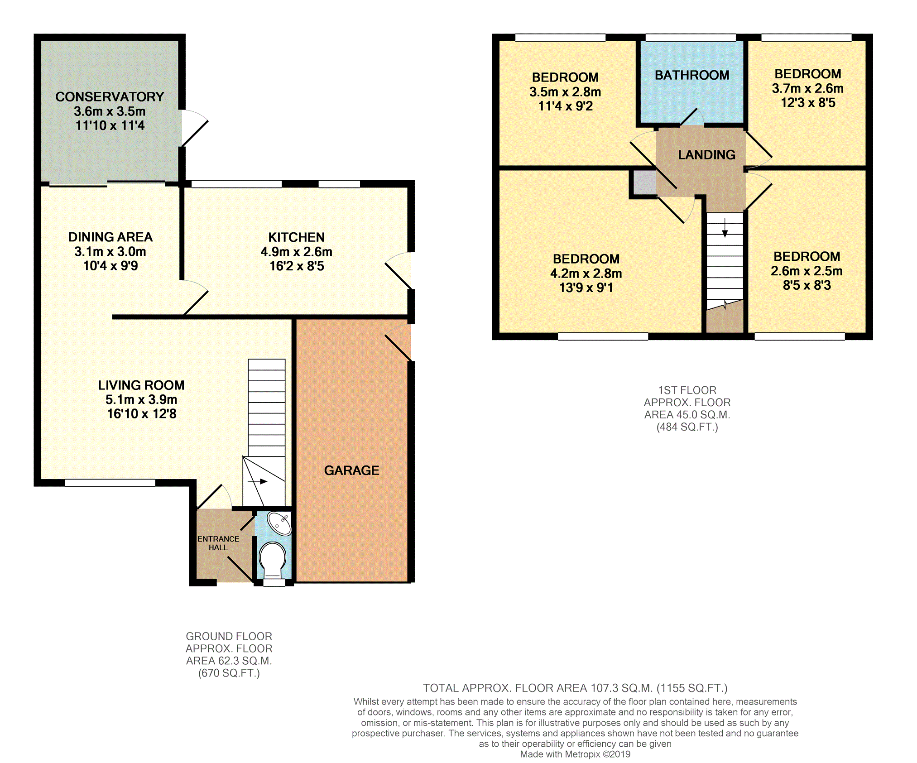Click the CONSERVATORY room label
110,96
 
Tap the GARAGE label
351,470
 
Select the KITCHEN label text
297,237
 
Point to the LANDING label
706,155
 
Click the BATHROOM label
692,75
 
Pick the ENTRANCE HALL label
218,543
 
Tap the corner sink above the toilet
279,523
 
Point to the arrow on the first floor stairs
725,227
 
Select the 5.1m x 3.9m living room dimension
141,399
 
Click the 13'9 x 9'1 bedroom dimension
586,288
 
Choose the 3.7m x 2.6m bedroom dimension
808,88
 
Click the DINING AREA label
110,237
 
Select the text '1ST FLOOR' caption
687,390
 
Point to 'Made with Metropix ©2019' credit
575,754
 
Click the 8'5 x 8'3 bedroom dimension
807,285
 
